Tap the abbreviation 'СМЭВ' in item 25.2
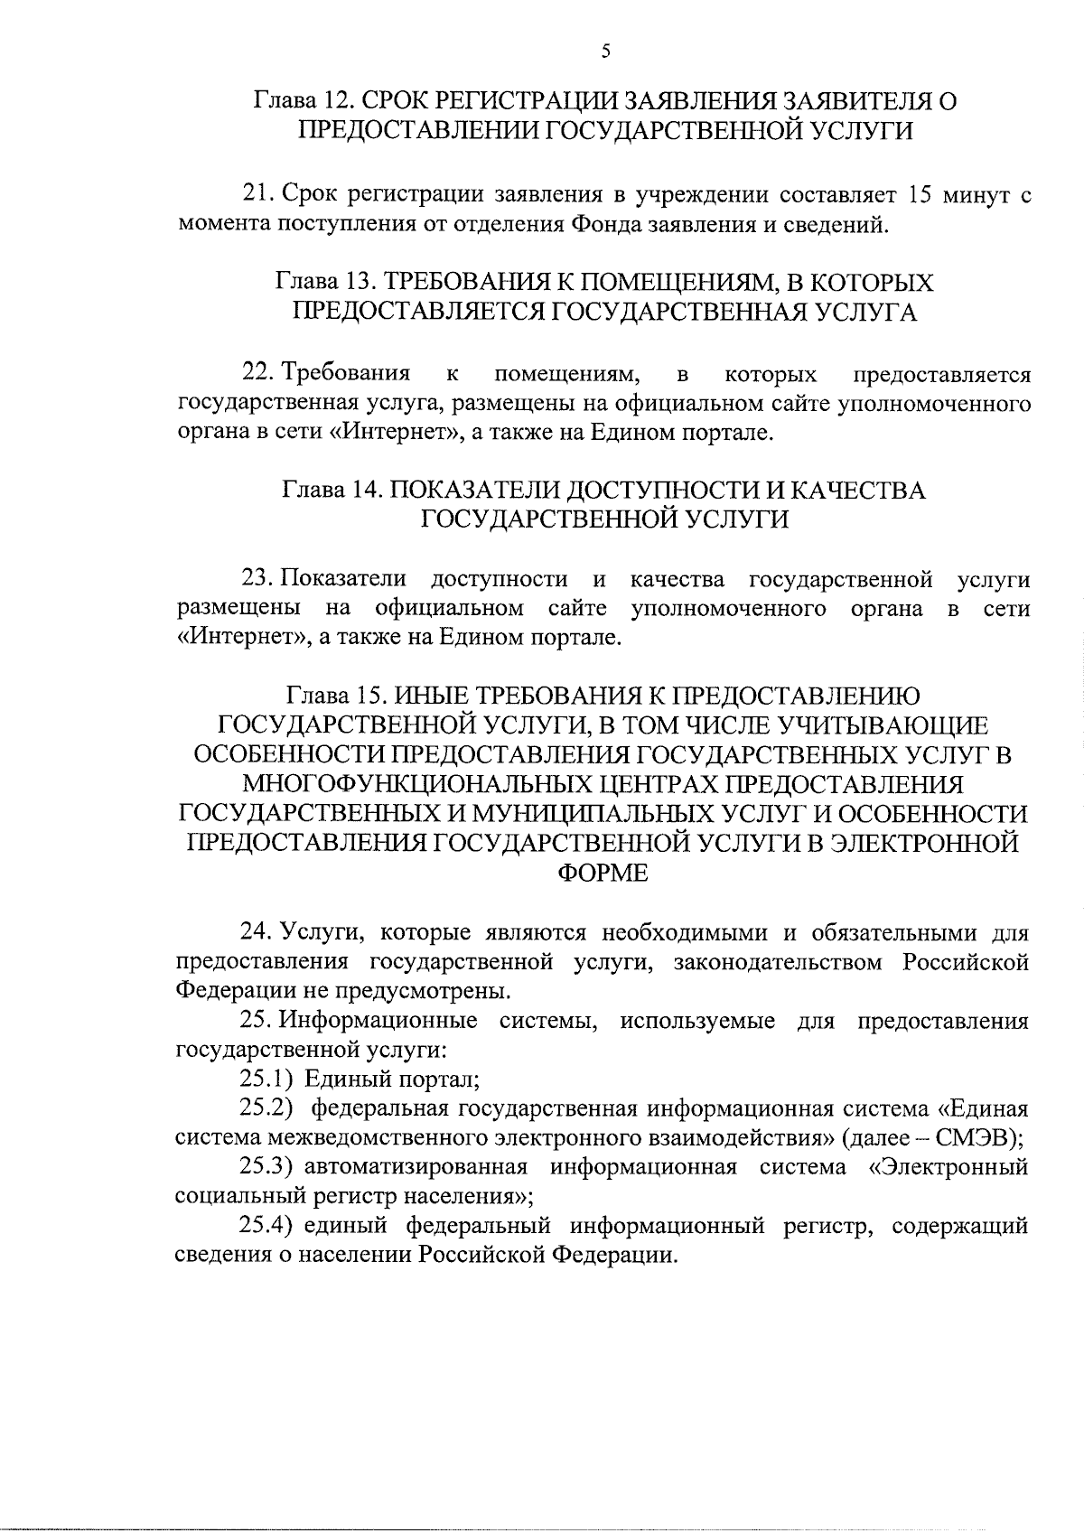(981, 1137)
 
